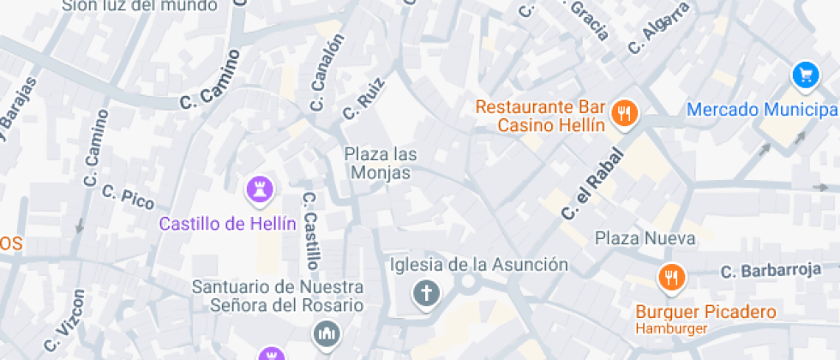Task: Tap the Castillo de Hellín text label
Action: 228,225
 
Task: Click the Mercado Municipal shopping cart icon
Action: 805,75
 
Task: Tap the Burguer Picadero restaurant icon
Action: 671,278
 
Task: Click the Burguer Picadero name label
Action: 705,312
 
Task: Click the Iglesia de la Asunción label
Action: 479,265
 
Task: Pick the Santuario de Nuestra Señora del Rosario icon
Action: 327,333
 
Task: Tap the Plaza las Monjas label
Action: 381,164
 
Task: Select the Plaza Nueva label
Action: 645,237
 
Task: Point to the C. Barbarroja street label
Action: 771,272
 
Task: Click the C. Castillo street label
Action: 311,229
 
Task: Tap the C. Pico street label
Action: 128,197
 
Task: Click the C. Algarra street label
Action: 657,28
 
